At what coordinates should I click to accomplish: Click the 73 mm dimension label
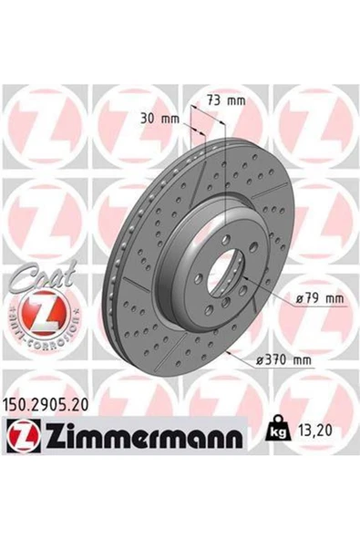coord(226,100)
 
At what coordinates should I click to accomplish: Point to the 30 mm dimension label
coord(159,119)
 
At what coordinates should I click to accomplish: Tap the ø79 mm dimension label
coord(320,298)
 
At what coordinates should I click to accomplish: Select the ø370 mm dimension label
coord(284,360)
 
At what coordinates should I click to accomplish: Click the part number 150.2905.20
coord(46,405)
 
